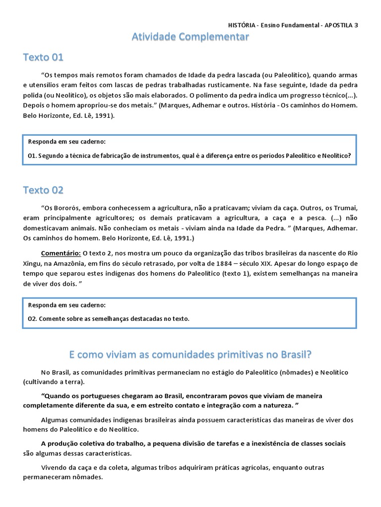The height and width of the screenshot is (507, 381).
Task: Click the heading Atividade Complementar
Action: [x=190, y=37]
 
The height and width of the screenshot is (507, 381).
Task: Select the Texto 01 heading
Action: [x=43, y=57]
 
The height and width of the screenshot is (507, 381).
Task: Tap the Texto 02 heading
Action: [x=43, y=190]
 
